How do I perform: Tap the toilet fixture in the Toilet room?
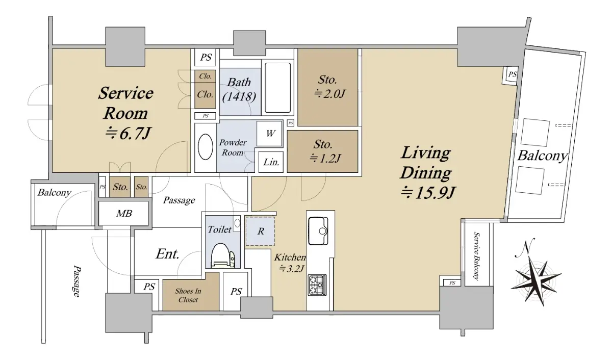point(223,255)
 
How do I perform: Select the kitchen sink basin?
point(318,231)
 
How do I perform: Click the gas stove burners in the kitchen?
point(317,285)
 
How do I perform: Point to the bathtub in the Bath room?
point(277,88)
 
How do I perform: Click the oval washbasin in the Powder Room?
point(206,147)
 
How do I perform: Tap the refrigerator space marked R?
point(261,231)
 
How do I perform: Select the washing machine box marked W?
point(270,134)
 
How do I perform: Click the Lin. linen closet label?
point(271,162)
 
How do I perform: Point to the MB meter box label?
point(124,213)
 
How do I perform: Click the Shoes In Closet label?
point(188,295)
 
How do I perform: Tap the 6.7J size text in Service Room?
point(128,134)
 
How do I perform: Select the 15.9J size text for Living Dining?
point(427,192)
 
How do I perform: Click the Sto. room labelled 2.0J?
point(327,87)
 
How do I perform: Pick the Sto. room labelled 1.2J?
point(322,151)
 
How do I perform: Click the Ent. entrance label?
point(167,254)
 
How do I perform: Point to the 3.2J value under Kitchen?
point(291,269)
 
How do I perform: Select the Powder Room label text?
point(233,147)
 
